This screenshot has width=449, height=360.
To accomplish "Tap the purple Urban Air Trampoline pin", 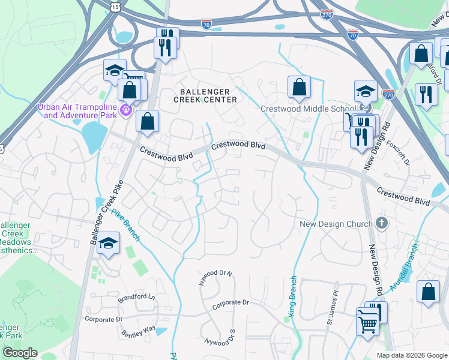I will (x=125, y=110).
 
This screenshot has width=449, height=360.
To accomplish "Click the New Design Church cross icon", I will (x=381, y=223).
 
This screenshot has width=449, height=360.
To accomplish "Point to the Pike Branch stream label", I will (x=126, y=225).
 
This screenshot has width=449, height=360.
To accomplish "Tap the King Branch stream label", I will (x=292, y=295).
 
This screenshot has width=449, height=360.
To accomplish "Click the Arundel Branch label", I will (x=404, y=267).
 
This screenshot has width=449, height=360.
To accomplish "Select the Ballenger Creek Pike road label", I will (x=103, y=211).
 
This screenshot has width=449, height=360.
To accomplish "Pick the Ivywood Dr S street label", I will (x=220, y=340).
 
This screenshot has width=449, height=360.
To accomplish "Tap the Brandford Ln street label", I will (x=136, y=297).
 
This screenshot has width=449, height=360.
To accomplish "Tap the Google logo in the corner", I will (x=20, y=353).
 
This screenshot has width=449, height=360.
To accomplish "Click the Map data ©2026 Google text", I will (x=411, y=355).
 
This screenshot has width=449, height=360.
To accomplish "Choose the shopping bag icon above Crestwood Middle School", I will (x=299, y=87).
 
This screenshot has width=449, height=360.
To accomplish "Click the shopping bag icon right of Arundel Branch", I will (x=428, y=292).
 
